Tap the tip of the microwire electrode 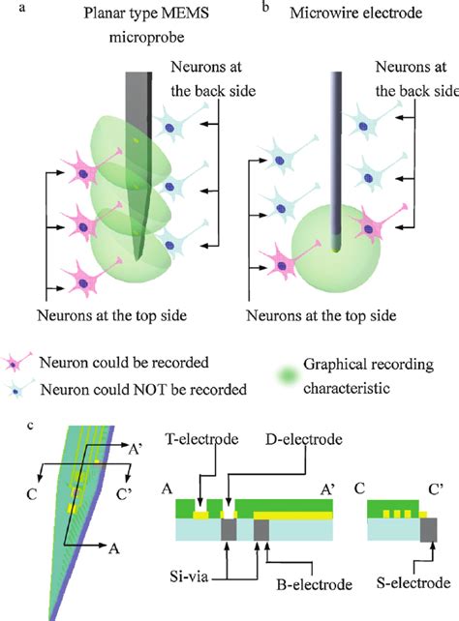point(335,248)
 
